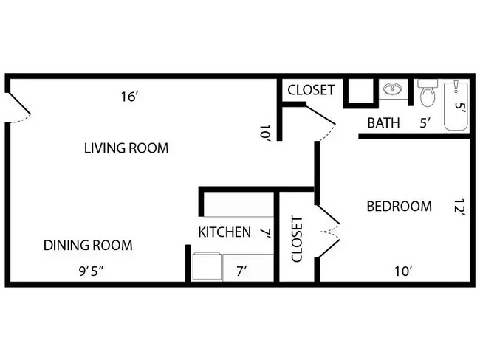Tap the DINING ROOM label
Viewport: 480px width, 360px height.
(87, 246)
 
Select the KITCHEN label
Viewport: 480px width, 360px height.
(224, 232)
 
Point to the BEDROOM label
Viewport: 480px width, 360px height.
(399, 207)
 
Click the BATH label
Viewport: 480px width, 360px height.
(383, 122)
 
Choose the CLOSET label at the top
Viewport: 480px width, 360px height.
(311, 90)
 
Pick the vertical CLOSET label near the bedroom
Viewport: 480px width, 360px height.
(297, 239)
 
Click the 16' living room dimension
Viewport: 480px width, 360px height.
(130, 97)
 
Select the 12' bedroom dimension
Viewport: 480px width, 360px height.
(459, 210)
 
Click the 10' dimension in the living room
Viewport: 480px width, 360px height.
(264, 133)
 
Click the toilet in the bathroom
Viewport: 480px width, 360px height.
(427, 94)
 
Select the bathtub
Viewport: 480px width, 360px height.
(456, 107)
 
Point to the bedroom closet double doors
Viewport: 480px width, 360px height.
(328, 231)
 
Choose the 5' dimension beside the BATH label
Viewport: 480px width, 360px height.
(425, 122)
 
